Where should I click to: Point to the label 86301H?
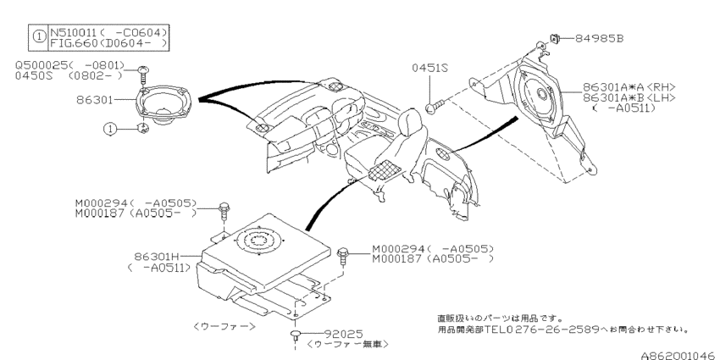click(153, 254)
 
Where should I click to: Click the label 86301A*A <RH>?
click(627, 86)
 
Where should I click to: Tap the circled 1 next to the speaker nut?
click(109, 129)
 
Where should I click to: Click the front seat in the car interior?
click(381, 152)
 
